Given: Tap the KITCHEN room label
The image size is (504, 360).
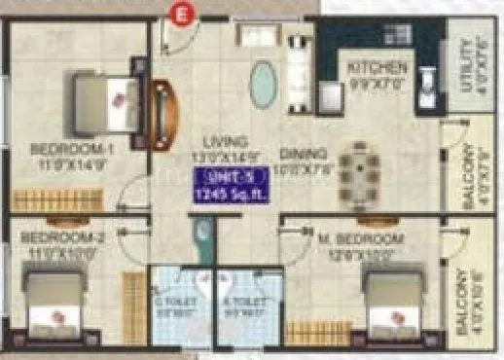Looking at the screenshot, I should [x=377, y=68].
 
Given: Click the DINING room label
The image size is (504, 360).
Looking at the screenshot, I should [x=301, y=154].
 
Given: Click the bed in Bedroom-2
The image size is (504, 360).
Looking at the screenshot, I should [x=54, y=304].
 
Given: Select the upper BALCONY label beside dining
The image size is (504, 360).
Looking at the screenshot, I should [x=472, y=177].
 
